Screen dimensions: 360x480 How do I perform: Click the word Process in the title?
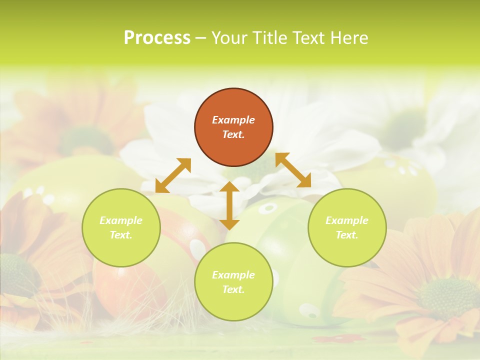(x=157, y=38)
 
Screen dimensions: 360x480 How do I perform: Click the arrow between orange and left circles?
(x=173, y=175)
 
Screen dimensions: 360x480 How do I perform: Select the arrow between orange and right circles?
(x=293, y=170)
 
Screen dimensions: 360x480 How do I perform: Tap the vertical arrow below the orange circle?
(x=229, y=205)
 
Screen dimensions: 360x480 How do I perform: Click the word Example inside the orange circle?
(x=233, y=120)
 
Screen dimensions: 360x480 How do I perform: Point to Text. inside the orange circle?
(x=233, y=134)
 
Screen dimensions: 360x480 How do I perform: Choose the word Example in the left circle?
(x=121, y=220)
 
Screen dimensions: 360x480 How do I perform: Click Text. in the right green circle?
(x=347, y=235)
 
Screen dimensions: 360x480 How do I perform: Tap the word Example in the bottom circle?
(x=233, y=275)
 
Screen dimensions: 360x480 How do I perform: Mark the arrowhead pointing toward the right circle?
(x=304, y=181)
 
